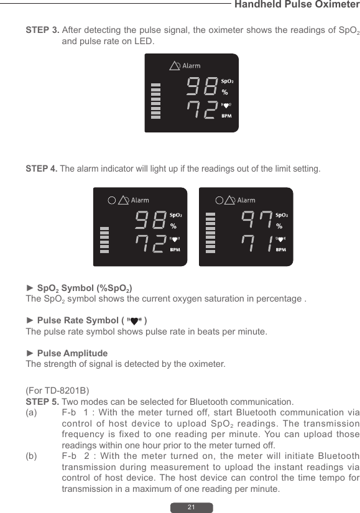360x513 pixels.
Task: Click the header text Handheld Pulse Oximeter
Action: tap(295, 5)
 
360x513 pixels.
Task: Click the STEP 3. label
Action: tap(42, 30)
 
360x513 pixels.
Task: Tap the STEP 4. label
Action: tap(42, 169)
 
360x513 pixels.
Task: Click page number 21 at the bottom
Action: tap(192, 507)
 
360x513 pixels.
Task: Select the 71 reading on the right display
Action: tap(256, 243)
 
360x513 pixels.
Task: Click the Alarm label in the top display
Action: tap(191, 66)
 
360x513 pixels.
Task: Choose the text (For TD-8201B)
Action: tap(57, 391)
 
